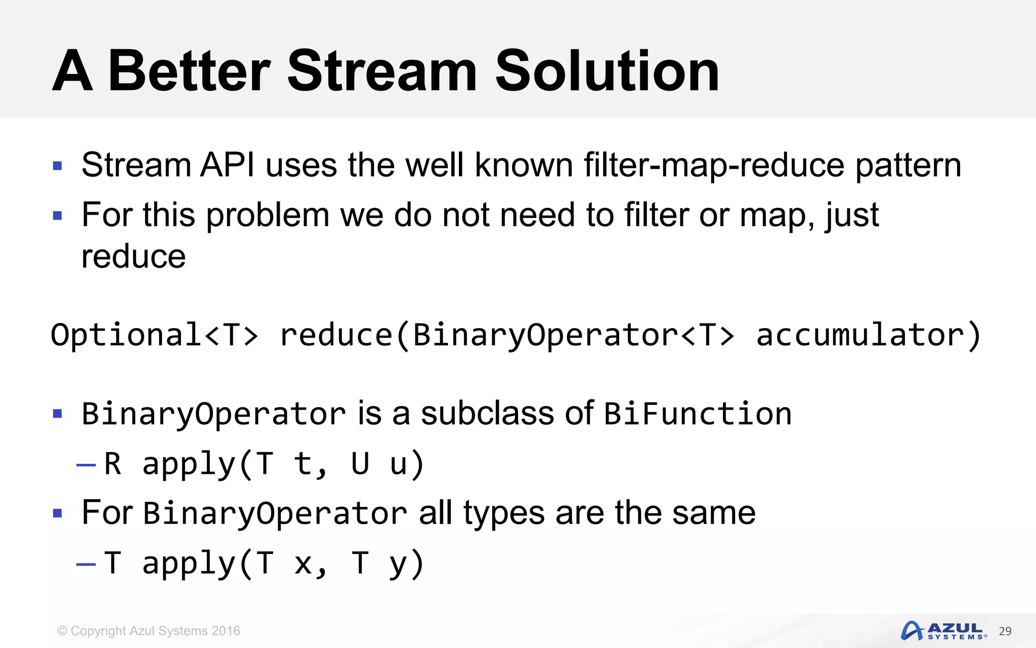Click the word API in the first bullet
(x=227, y=165)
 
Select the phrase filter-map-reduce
(x=714, y=165)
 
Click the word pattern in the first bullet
(x=908, y=166)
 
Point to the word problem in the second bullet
(x=268, y=216)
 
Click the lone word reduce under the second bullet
(x=134, y=256)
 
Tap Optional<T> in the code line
(x=154, y=335)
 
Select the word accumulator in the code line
(x=860, y=335)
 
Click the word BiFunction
(x=698, y=414)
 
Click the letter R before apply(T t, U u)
(x=112, y=463)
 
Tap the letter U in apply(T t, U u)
(x=360, y=463)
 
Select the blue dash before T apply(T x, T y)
(x=86, y=564)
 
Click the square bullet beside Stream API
(x=58, y=166)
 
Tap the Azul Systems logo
(x=943, y=631)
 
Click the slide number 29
(x=1005, y=631)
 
